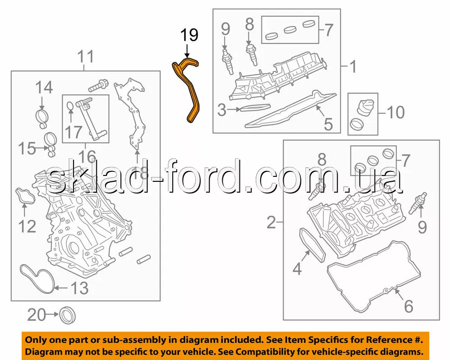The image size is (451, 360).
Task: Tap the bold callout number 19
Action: pyautogui.click(x=189, y=35)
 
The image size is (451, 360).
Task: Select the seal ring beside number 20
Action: pyautogui.click(x=68, y=315)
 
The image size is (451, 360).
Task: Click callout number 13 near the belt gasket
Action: pyautogui.click(x=80, y=288)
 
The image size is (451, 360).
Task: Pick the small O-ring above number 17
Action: pyautogui.click(x=70, y=106)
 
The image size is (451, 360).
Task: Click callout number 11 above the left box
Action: pyautogui.click(x=86, y=56)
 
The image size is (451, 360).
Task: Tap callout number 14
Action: pyautogui.click(x=44, y=88)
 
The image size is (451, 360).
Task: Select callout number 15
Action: pyautogui.click(x=27, y=148)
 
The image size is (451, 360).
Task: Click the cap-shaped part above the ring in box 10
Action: pyautogui.click(x=365, y=107)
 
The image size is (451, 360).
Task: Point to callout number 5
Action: pyautogui.click(x=328, y=125)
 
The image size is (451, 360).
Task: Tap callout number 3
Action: pyautogui.click(x=222, y=110)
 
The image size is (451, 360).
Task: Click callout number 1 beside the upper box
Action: pyautogui.click(x=353, y=66)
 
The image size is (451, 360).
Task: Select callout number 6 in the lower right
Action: pyautogui.click(x=409, y=306)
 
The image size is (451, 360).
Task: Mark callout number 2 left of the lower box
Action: pyautogui.click(x=271, y=222)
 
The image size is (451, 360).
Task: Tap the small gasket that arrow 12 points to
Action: pyautogui.click(x=25, y=196)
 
